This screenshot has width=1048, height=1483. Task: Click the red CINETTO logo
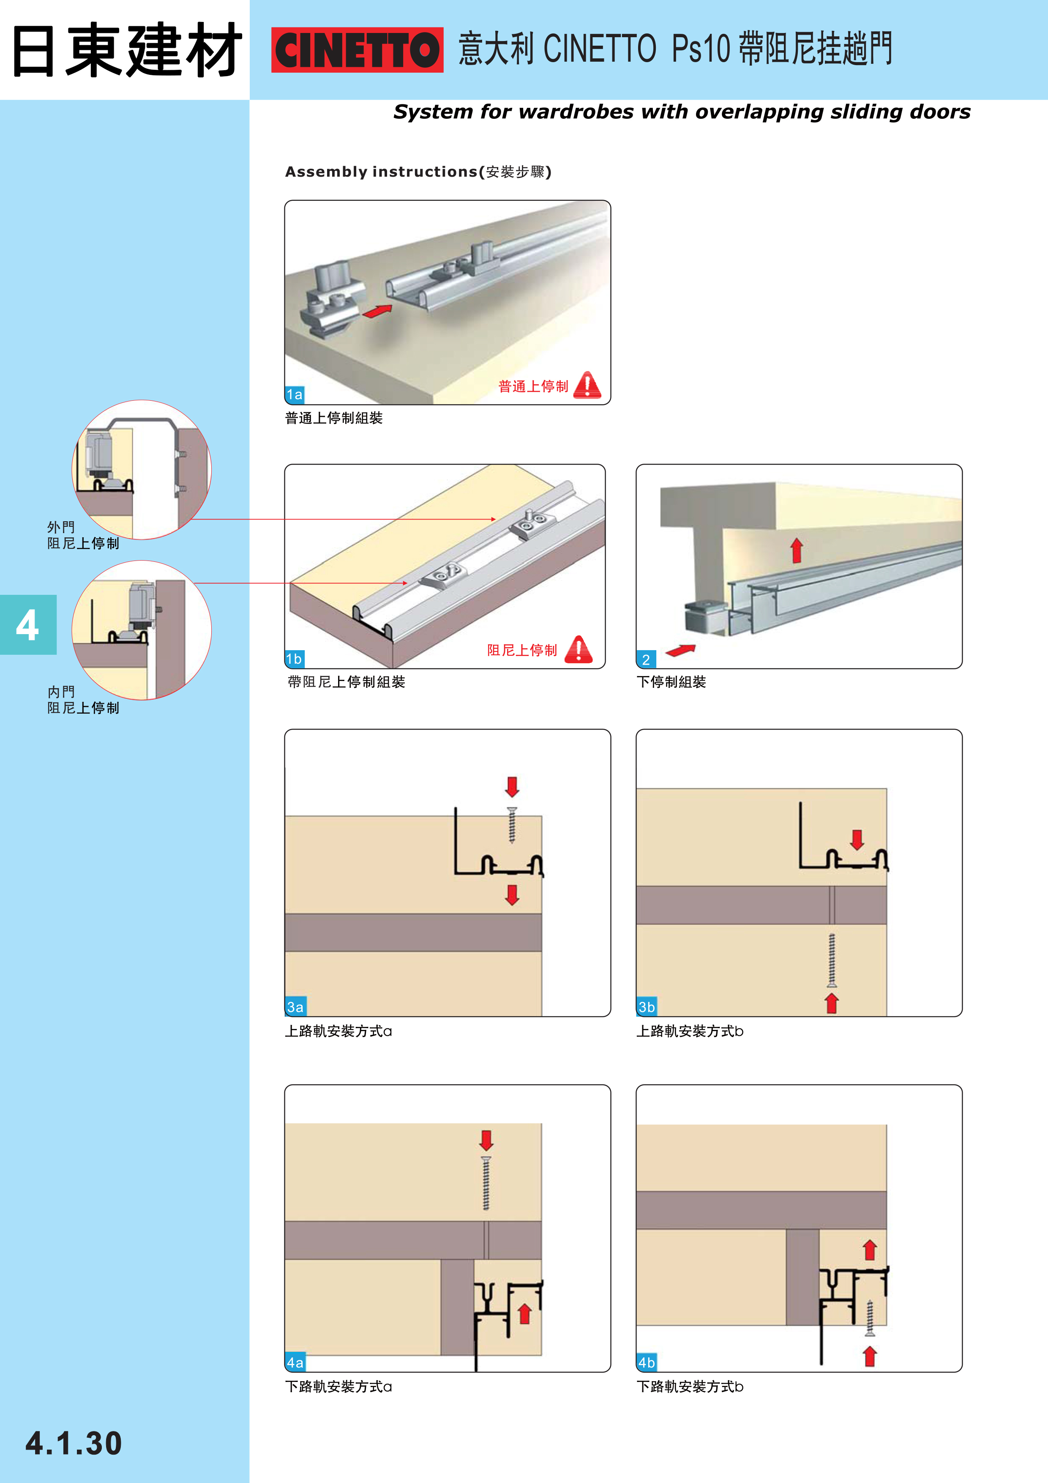(357, 50)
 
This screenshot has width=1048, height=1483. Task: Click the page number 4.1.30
(74, 1444)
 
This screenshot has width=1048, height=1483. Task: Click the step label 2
(646, 659)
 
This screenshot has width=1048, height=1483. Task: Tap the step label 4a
(295, 1363)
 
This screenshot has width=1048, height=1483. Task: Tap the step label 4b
(647, 1363)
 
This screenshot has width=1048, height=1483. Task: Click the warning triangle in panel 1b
(579, 649)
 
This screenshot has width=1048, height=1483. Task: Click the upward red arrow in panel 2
(797, 550)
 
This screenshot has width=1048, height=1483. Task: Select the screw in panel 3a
(512, 826)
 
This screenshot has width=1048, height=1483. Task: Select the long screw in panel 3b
(832, 960)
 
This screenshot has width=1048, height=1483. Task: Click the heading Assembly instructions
(381, 172)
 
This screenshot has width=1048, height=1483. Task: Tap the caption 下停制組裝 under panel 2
(671, 682)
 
